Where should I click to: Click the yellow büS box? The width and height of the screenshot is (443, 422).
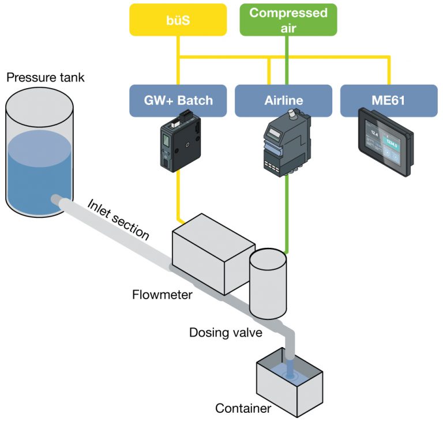179,20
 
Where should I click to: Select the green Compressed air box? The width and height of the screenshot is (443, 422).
288,20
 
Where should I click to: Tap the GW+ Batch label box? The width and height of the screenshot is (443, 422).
179,100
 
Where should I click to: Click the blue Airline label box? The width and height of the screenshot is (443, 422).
283,100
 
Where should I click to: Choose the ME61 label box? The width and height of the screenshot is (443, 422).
388,100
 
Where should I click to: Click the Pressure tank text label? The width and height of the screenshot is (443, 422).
45,77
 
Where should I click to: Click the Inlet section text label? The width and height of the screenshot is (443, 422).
119,220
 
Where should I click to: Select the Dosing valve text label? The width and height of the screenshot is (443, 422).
225,333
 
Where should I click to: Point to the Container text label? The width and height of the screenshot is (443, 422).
242,409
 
